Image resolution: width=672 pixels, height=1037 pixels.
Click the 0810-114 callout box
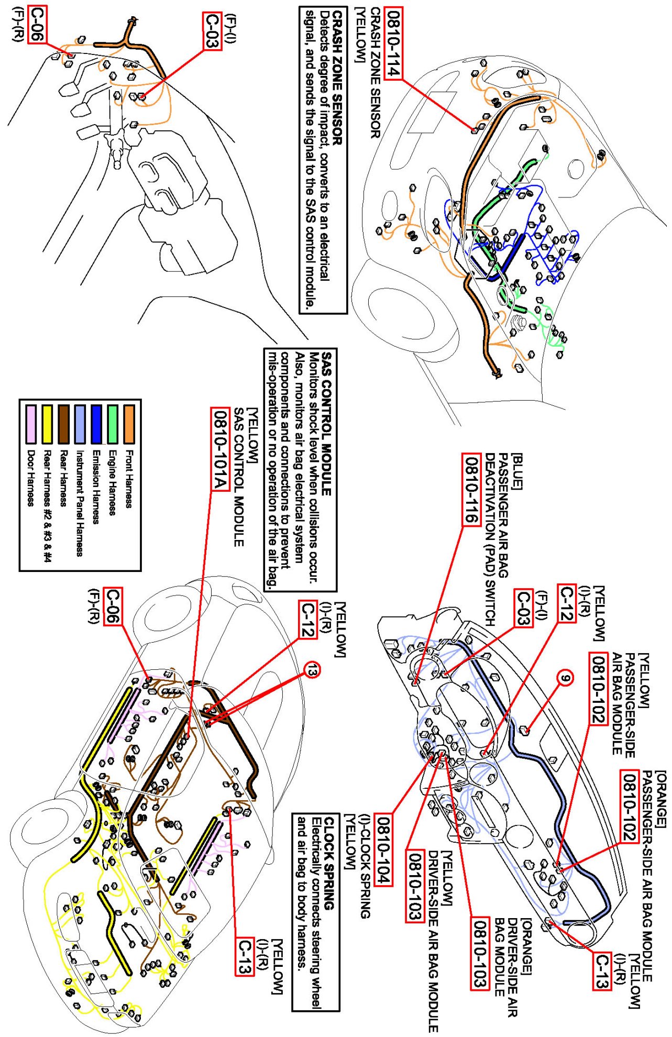[x=393, y=43]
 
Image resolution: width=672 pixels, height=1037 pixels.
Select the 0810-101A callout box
[x=221, y=449]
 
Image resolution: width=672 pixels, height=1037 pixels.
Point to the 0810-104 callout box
[x=383, y=851]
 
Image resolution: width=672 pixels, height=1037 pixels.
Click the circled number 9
[x=565, y=678]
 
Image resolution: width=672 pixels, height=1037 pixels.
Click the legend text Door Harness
[x=31, y=479]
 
